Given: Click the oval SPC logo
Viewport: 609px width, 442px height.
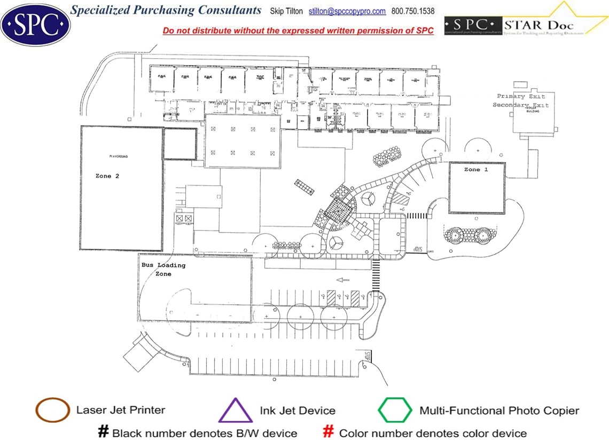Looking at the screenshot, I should [35, 23].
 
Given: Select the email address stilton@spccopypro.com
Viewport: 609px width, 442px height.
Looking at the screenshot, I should [347, 11].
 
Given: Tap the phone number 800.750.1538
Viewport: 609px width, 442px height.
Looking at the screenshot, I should [413, 11].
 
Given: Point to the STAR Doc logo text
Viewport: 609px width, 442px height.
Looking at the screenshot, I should [540, 24].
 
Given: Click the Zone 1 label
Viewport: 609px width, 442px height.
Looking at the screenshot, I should [475, 169].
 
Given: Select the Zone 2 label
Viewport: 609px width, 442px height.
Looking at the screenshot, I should [107, 176].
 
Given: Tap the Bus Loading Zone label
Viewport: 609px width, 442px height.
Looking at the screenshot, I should [163, 269].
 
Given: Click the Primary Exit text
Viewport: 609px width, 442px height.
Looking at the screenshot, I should [521, 96].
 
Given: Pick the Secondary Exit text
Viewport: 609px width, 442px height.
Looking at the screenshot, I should [521, 105].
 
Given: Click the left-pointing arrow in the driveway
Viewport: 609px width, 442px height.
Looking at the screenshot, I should [342, 279].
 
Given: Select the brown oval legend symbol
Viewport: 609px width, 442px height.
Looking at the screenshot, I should [52, 410].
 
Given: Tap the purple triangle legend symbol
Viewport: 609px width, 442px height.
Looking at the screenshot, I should [236, 411].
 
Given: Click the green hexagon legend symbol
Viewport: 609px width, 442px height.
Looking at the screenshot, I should [395, 410].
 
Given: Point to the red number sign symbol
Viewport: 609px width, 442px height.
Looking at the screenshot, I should [329, 432].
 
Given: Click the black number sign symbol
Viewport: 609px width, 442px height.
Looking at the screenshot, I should [103, 432].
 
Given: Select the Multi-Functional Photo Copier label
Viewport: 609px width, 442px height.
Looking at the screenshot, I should [499, 411].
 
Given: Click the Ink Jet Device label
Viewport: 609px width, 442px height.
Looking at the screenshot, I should [298, 411].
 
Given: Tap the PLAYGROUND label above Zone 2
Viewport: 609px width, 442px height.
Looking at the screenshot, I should [118, 156].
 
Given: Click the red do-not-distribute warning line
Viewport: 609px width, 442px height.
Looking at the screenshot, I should [298, 30].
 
